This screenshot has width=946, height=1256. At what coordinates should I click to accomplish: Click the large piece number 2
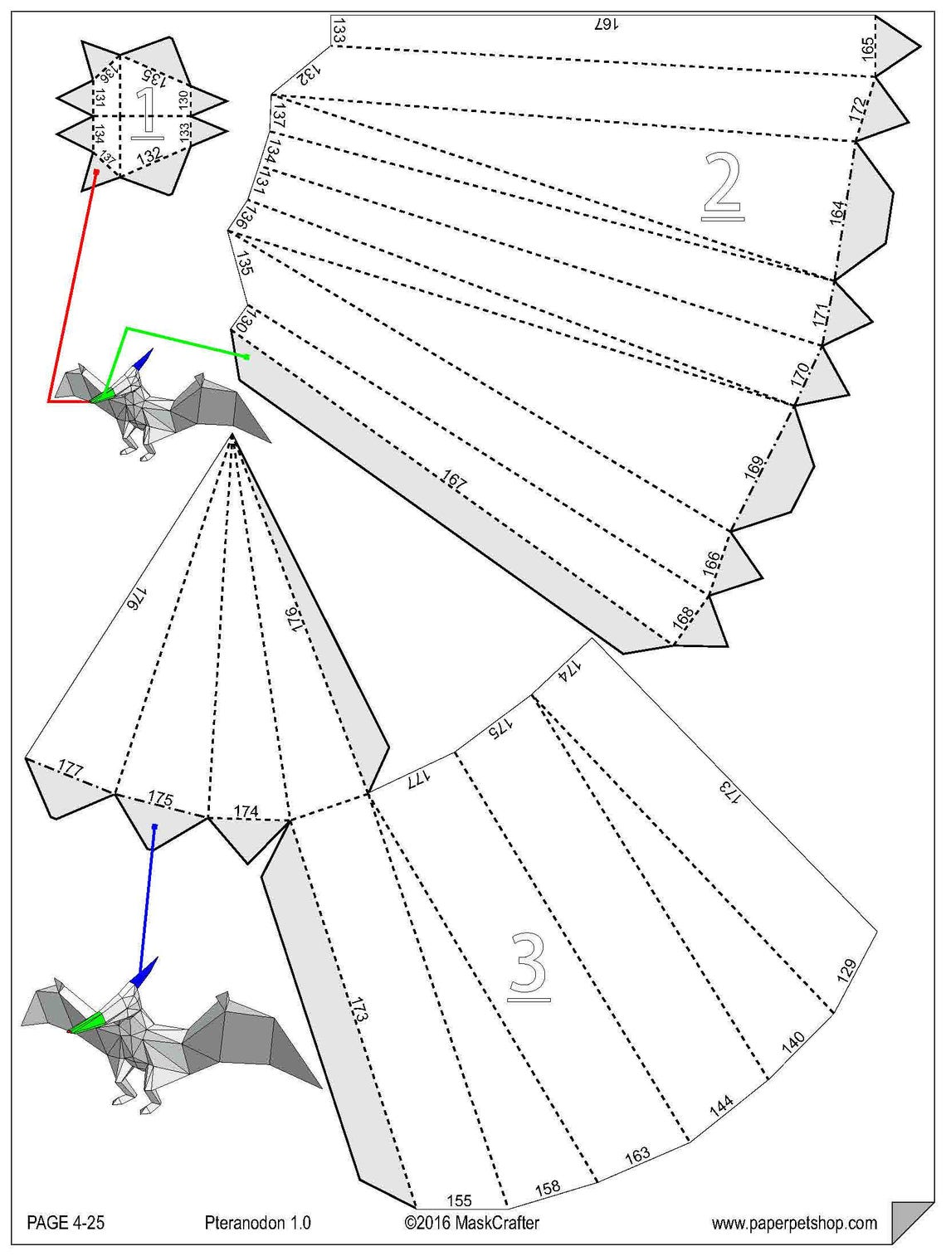[x=722, y=187]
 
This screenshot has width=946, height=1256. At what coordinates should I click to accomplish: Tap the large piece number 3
[x=528, y=966]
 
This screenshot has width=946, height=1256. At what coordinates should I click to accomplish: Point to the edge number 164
[x=838, y=212]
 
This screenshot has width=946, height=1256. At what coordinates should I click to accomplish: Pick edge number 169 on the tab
[x=753, y=469]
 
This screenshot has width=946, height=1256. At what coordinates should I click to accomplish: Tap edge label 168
[x=683, y=618]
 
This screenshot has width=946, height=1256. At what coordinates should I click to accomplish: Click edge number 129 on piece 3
[x=846, y=971]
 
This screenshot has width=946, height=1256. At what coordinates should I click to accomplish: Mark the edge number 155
[x=459, y=1200]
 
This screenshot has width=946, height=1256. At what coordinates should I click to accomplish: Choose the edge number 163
[x=637, y=1155]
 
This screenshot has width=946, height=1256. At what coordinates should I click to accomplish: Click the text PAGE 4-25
[x=66, y=1223]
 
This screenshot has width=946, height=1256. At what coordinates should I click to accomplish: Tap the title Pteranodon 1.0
[x=257, y=1223]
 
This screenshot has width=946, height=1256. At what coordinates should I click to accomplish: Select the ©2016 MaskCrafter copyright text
[x=471, y=1223]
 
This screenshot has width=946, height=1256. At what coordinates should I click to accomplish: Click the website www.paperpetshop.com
[x=793, y=1223]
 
